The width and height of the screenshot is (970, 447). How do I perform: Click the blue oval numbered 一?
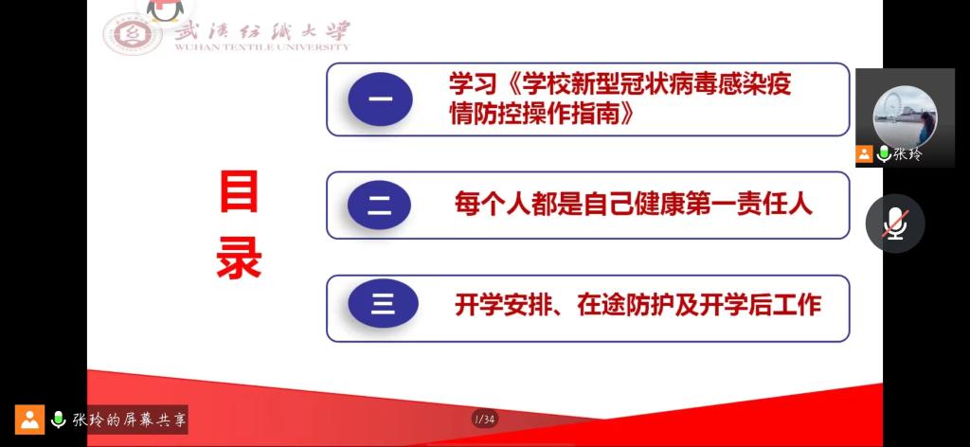(380, 98)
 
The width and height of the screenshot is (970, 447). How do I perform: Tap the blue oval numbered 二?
(380, 206)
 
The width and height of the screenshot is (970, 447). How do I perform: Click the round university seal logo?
(134, 35)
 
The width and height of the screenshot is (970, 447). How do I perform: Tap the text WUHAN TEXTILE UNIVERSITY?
(261, 46)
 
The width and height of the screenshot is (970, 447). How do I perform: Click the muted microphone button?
(894, 223)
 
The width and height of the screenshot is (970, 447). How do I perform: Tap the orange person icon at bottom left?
(29, 420)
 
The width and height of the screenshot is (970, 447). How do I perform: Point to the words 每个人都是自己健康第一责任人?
(633, 205)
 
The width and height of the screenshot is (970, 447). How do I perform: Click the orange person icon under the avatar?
(865, 153)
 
